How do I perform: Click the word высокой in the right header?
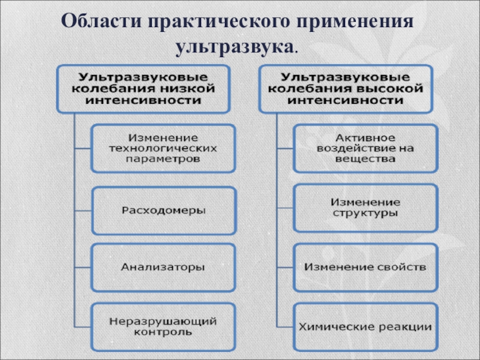(x=394, y=89)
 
